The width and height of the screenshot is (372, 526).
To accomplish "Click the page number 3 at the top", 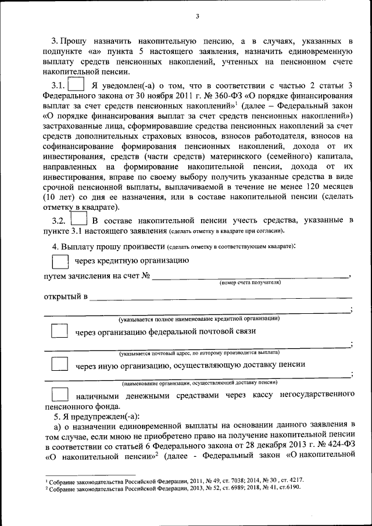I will click(197, 16).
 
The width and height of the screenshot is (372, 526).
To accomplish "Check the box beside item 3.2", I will click(78, 221).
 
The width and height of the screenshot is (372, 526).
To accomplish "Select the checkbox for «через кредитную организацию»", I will click(60, 260).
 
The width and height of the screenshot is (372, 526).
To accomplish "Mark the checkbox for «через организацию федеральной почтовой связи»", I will click(60, 332).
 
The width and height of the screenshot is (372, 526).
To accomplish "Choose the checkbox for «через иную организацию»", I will click(60, 365).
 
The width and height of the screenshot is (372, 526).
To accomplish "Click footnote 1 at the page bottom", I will click(174, 482).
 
